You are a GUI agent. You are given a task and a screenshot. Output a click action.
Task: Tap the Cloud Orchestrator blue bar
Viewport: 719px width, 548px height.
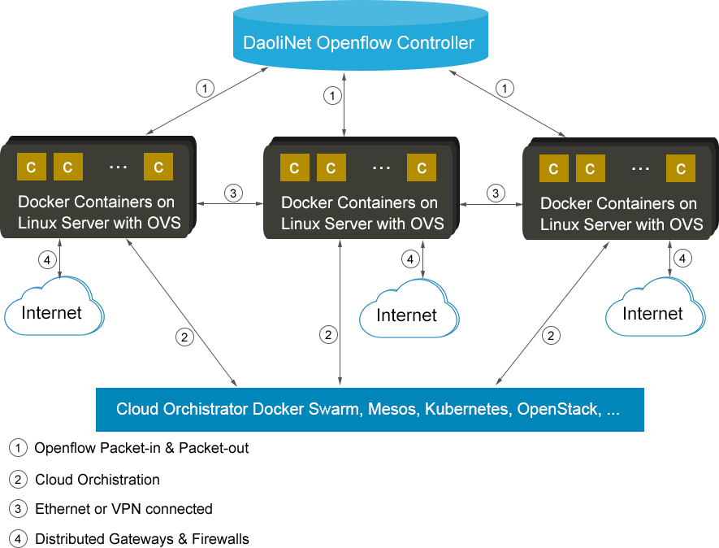(370, 409)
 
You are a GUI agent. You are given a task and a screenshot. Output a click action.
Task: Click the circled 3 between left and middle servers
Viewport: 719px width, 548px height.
(232, 194)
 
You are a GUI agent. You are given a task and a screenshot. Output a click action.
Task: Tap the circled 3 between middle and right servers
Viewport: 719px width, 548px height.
(495, 194)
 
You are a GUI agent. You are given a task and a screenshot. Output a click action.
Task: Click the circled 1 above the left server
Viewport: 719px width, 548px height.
(206, 88)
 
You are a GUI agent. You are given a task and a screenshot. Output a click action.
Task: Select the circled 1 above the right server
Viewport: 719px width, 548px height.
(505, 88)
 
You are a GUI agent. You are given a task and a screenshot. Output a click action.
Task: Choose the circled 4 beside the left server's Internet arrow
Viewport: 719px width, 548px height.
(47, 260)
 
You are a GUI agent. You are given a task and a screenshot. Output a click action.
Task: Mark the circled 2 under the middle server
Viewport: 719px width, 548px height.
(328, 334)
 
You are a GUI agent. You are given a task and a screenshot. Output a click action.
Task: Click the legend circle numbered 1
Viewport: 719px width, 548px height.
(18, 448)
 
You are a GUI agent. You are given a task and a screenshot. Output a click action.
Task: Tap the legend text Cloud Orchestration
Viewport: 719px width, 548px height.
(97, 480)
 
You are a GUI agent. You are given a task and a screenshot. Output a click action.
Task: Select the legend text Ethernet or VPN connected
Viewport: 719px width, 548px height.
(123, 509)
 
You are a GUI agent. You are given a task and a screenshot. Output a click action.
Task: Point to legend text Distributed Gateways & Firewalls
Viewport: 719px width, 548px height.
(142, 538)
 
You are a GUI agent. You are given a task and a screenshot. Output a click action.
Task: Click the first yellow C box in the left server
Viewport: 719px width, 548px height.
(32, 167)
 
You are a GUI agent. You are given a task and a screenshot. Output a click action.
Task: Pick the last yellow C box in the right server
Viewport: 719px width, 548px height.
(680, 168)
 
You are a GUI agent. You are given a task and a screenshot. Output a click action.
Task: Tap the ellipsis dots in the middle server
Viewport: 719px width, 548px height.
(382, 167)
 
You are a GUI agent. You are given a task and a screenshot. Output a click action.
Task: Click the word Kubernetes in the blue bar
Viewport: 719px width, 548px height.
(467, 409)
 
